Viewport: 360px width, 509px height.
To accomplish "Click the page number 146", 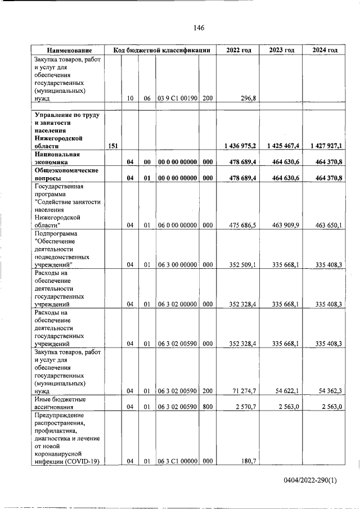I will (198, 28).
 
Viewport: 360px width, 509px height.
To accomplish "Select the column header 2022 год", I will (238, 50).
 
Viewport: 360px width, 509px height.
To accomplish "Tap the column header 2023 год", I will (281, 50).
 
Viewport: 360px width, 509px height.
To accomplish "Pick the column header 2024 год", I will (325, 50).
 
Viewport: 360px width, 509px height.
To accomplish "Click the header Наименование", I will (69, 50).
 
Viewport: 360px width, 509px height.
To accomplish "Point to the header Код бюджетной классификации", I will (161, 50).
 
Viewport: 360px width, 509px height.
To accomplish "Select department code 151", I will (112, 146).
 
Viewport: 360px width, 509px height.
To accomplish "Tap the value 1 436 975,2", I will (240, 146).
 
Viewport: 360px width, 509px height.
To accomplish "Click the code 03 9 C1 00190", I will (177, 98).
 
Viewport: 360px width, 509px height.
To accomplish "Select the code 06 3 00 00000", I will (177, 265).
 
